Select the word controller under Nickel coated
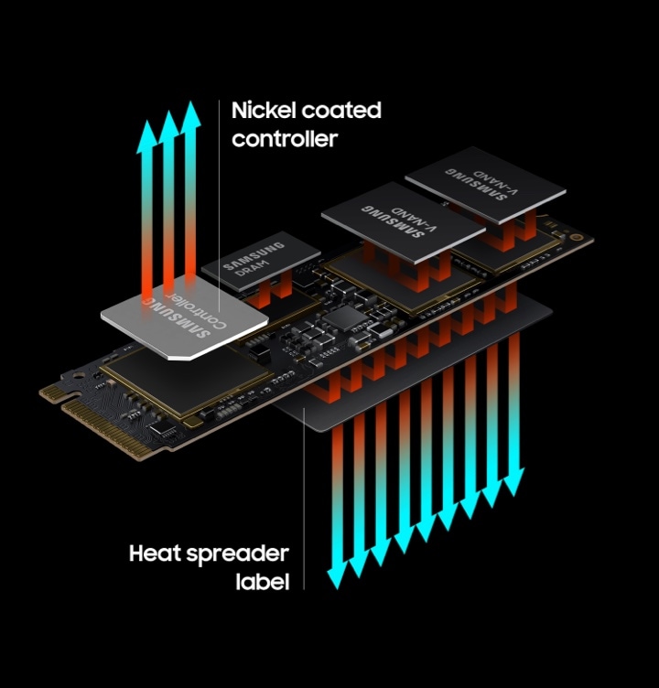tap(285, 139)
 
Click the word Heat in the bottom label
tap(155, 554)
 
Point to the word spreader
tap(238, 554)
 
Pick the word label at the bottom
tap(263, 582)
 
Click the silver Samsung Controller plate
tap(184, 318)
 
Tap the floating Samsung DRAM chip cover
tap(261, 262)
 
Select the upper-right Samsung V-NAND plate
tap(485, 184)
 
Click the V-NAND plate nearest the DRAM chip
tap(403, 223)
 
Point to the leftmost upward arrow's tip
tap(146, 122)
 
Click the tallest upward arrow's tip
tap(191, 102)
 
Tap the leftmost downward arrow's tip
tap(337, 588)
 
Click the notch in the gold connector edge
tap(65, 400)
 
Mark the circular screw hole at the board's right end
tap(577, 237)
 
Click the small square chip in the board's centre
tap(346, 318)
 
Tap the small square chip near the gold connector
tap(163, 429)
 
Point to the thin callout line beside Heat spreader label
tap(304, 498)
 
